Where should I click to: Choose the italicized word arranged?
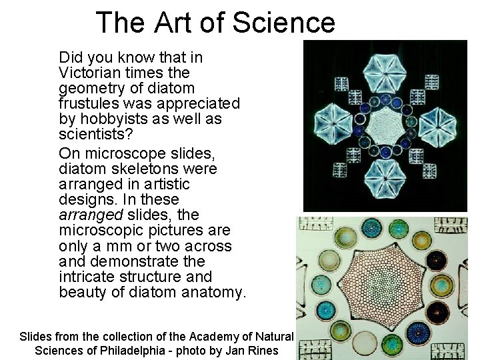[x=90, y=215]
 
